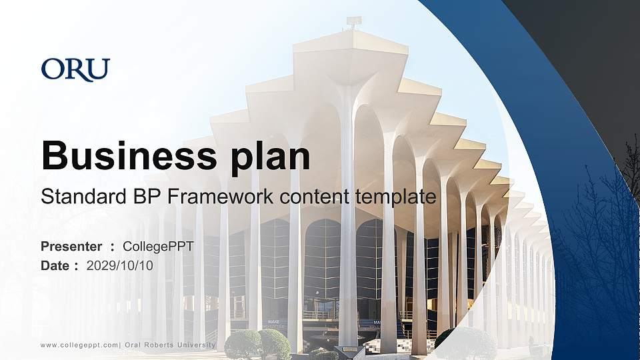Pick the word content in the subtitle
point(317,197)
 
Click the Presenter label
point(71,247)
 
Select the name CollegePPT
point(158,247)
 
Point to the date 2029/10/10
point(120,265)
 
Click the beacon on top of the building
point(353,22)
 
